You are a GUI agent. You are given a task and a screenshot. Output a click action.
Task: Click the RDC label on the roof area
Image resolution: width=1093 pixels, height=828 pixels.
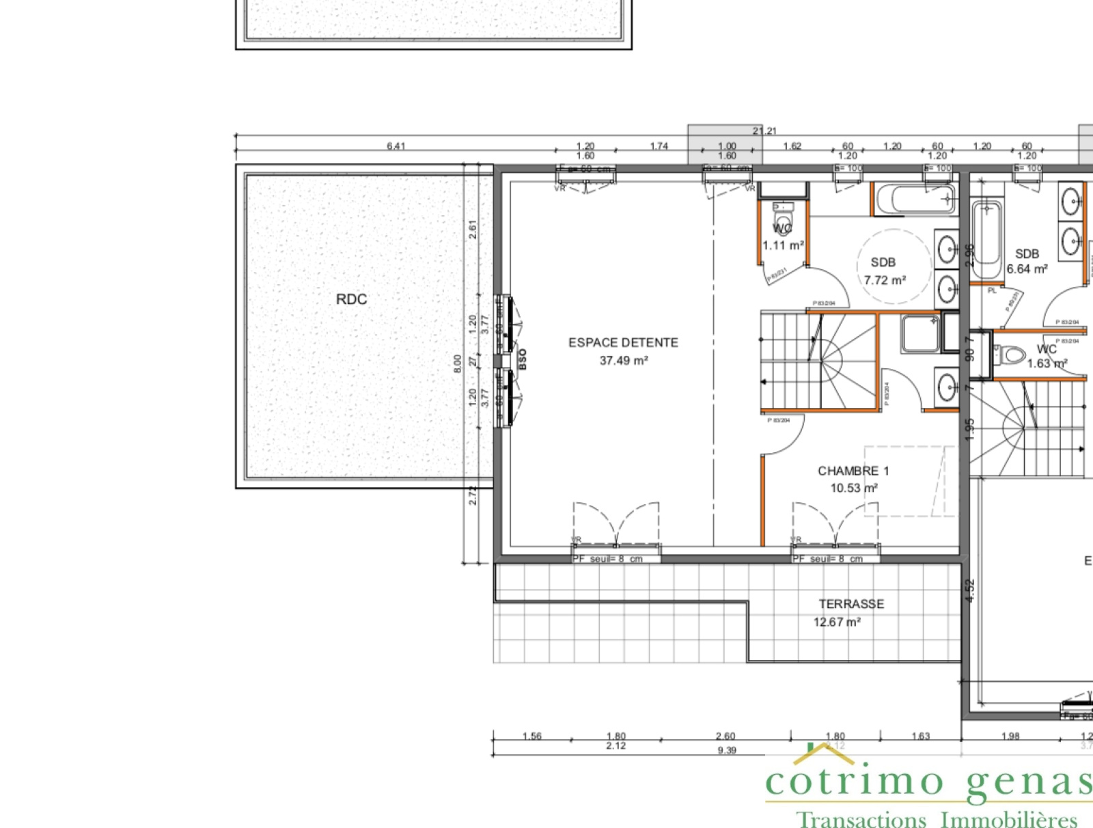[351, 299]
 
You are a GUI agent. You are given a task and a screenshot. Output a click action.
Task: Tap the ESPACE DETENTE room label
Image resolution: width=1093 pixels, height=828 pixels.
[623, 343]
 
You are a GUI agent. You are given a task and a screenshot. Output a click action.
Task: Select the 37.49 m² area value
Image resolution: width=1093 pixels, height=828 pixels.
[623, 360]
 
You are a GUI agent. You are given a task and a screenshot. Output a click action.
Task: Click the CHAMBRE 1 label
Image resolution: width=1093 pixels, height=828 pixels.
[853, 471]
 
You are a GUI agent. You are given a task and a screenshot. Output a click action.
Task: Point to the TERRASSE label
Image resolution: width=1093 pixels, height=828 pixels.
[851, 604]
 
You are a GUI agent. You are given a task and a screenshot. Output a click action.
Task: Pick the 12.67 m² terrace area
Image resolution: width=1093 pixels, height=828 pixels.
[837, 622]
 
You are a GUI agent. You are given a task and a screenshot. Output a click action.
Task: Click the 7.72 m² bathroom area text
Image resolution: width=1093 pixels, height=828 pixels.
[885, 280]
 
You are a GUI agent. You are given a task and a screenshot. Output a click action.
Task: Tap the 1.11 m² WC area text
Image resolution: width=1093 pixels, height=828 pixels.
[783, 245]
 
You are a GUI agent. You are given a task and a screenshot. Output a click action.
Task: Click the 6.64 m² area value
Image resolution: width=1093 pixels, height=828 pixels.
[1027, 269]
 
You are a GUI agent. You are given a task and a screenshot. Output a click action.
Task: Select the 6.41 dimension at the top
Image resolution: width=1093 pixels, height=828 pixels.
[396, 146]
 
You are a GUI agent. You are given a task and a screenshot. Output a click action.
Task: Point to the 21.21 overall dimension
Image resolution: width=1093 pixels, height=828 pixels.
[764, 131]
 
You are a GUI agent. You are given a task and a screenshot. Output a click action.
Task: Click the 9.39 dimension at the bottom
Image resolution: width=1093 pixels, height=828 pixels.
[727, 750]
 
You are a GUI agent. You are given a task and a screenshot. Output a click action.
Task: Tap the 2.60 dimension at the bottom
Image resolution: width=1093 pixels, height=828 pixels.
[725, 736]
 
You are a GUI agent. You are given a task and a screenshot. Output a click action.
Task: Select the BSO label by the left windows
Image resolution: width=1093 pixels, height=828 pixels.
[523, 359]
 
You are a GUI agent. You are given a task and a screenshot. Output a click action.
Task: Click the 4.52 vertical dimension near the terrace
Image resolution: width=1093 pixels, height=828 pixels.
[970, 590]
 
